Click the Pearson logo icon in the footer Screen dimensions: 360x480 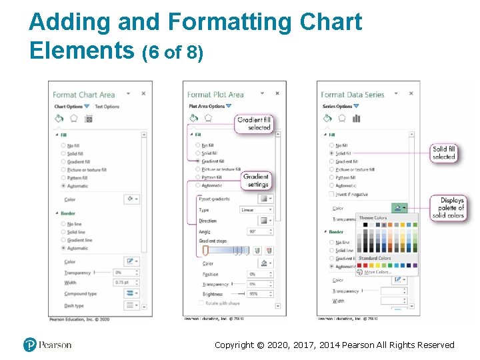pyautogui.click(x=29, y=345)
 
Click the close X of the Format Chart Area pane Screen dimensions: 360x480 pyautogui.click(x=143, y=94)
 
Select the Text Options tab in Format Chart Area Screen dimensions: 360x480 pyautogui.click(x=107, y=107)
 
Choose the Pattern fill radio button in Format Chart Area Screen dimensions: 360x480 pyautogui.click(x=63, y=178)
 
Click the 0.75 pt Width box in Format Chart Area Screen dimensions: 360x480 pyautogui.click(x=123, y=283)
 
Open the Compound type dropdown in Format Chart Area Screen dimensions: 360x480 pyautogui.click(x=132, y=293)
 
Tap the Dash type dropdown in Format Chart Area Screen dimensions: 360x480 pyautogui.click(x=132, y=305)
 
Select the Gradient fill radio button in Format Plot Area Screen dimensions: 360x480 pyautogui.click(x=198, y=161)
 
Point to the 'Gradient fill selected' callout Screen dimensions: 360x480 pyautogui.click(x=255, y=123)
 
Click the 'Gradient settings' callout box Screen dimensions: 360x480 pyautogui.click(x=257, y=181)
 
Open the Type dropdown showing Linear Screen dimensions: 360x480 pyautogui.click(x=256, y=210)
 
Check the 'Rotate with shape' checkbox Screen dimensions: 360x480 pyautogui.click(x=201, y=303)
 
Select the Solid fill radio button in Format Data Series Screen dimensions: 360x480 pyautogui.click(x=332, y=153)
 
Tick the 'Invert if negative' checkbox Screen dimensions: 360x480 pyautogui.click(x=332, y=194)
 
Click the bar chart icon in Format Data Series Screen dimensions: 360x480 pyautogui.click(x=357, y=118)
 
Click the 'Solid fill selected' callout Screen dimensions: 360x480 pyautogui.click(x=444, y=153)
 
